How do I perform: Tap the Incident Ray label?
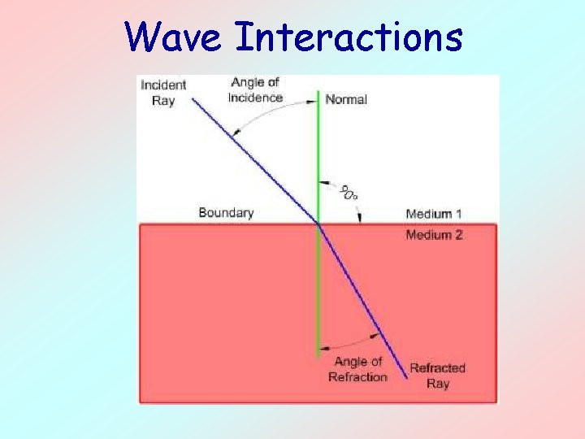pyautogui.click(x=163, y=92)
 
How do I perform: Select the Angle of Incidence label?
pyautogui.click(x=256, y=89)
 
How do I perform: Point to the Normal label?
pyautogui.click(x=346, y=99)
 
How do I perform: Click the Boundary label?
pyautogui.click(x=226, y=213)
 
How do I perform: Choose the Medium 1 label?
pyautogui.click(x=434, y=214)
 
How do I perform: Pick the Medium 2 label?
pyautogui.click(x=434, y=235)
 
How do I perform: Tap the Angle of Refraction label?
pyautogui.click(x=357, y=369)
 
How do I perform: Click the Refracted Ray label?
pyautogui.click(x=437, y=376)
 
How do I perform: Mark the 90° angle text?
pyautogui.click(x=349, y=193)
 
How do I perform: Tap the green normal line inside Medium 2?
pyautogui.click(x=318, y=293)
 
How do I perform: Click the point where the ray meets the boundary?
pyautogui.click(x=318, y=224)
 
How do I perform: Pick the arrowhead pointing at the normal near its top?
pyautogui.click(x=312, y=102)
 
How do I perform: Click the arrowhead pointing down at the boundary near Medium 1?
pyautogui.click(x=360, y=218)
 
